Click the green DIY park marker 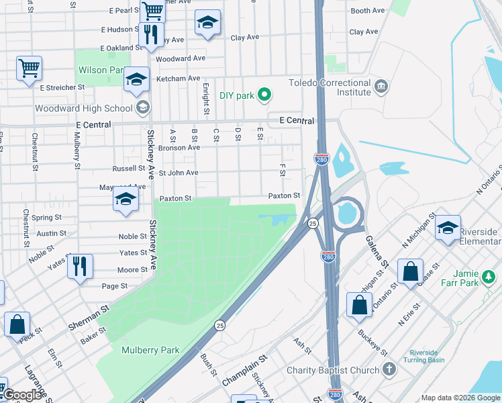[264, 95]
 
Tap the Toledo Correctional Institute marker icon [381, 87]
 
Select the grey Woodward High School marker [142, 108]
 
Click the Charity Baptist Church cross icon [389, 369]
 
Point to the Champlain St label [244, 371]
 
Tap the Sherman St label [88, 320]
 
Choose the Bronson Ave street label [180, 147]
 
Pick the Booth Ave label [368, 11]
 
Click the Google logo [22, 395]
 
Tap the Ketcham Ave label [178, 79]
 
